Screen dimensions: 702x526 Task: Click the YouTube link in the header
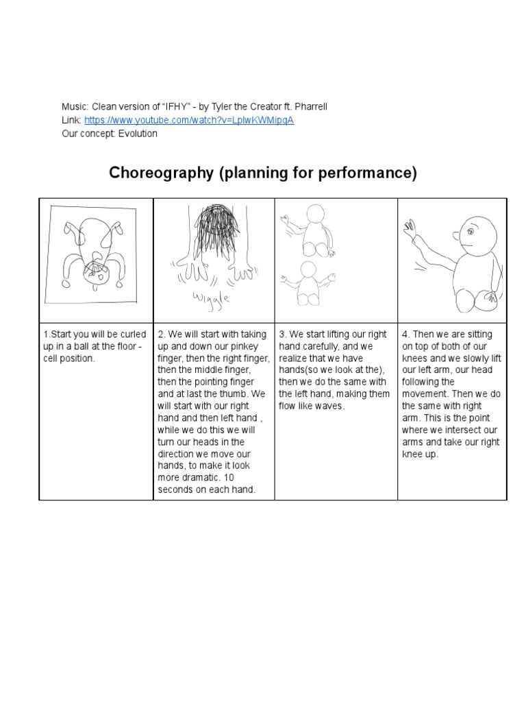pos(190,120)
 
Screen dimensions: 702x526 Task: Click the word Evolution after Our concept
pos(138,134)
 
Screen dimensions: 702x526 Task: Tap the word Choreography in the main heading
pos(162,173)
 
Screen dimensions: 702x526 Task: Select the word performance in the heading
pos(371,173)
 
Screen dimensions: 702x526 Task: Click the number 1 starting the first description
pos(45,335)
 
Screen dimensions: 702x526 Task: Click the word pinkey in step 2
pos(239,346)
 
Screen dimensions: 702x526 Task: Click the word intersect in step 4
pos(455,430)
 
